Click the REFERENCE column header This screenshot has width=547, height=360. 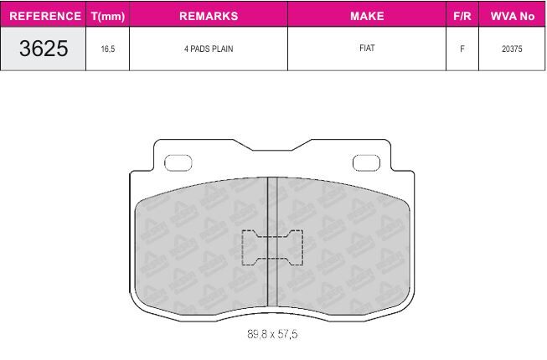pos(45,16)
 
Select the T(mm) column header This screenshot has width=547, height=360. pos(108,16)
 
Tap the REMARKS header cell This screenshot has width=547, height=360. pos(209,16)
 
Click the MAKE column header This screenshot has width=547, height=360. pos(367,16)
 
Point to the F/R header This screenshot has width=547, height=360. pos(462,16)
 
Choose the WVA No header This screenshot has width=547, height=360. pos(513,16)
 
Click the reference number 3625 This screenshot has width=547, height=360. pos(44,48)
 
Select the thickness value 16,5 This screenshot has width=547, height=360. pos(108,49)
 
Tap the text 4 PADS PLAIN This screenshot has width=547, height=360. pos(209,49)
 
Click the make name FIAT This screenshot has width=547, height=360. pos(367,48)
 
